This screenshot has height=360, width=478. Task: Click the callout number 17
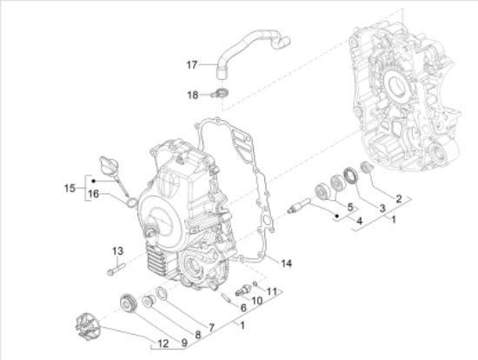(192, 64)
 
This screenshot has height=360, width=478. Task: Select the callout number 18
(193, 95)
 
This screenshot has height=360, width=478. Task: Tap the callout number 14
(286, 263)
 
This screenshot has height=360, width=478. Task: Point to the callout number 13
(117, 251)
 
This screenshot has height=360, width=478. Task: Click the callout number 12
(163, 343)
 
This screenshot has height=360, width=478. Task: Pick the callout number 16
(93, 194)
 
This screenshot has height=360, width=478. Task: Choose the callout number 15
(70, 188)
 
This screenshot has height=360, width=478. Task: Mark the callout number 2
(398, 199)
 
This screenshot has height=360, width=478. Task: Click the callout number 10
(256, 301)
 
